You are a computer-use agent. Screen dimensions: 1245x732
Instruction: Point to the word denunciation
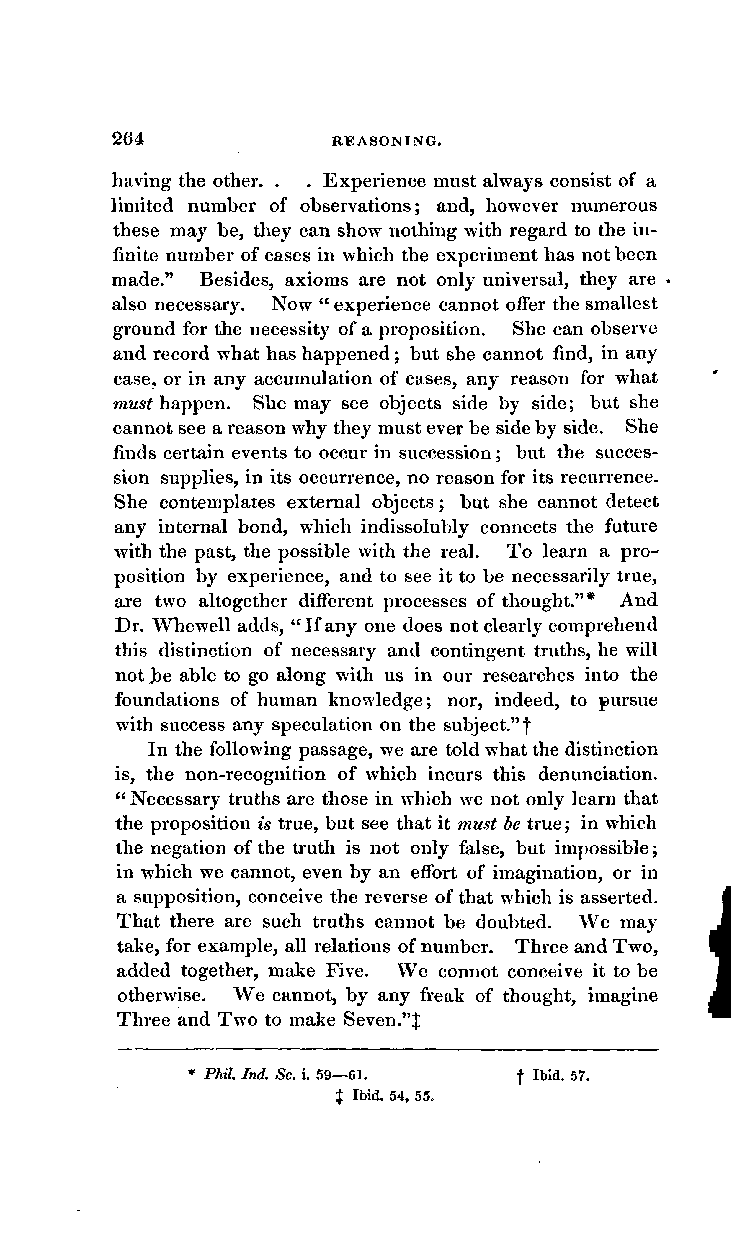click(x=598, y=774)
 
